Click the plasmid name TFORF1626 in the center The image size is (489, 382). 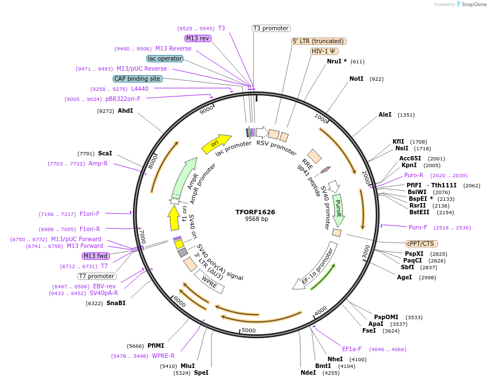(256, 212)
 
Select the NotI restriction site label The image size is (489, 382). (356, 79)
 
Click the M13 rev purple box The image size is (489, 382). (197, 38)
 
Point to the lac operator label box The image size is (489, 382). (164, 58)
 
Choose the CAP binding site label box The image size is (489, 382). (137, 79)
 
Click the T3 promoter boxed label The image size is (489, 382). (271, 28)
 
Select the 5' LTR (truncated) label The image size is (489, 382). (319, 41)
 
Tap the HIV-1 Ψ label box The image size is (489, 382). (324, 51)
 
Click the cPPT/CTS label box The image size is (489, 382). (421, 243)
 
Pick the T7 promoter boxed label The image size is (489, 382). (96, 276)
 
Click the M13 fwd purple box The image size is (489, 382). (95, 256)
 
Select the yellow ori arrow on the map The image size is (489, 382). (216, 144)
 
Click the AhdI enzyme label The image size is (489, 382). (125, 111)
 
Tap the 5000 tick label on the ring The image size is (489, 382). (248, 330)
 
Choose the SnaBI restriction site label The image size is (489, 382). (116, 303)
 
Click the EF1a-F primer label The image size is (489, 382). (352, 349)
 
